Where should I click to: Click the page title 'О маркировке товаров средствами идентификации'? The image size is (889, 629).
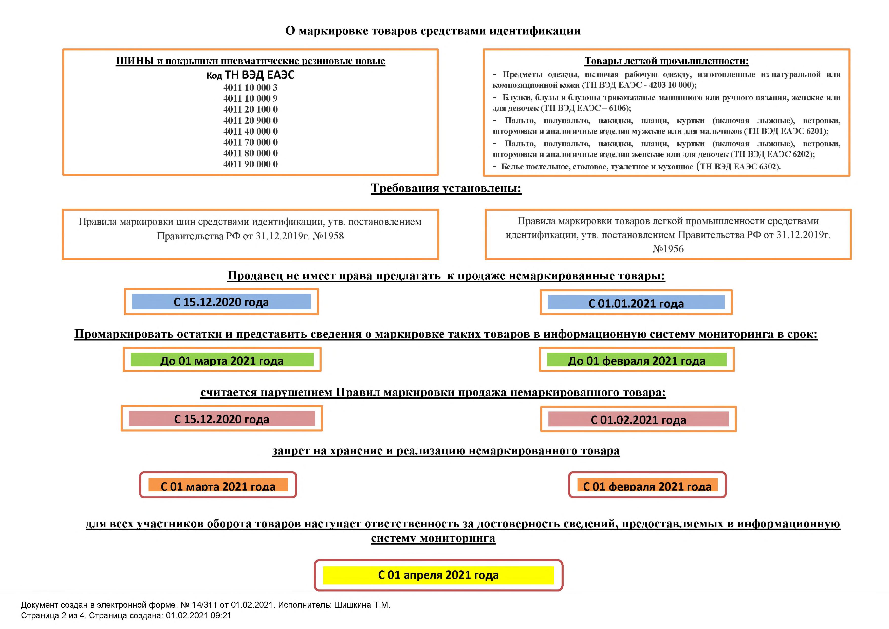coord(433,31)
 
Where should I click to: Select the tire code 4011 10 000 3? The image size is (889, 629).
coord(250,87)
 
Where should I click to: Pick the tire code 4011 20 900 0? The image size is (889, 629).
coord(250,120)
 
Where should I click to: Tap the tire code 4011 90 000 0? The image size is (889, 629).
coord(250,164)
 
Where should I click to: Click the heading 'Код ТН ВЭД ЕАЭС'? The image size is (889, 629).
coord(251,75)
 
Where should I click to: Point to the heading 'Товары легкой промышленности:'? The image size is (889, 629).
coord(666,61)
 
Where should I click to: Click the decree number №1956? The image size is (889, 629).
coord(668,249)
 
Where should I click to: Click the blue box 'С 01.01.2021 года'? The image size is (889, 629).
coord(636,303)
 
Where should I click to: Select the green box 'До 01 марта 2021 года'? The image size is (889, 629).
coord(222,361)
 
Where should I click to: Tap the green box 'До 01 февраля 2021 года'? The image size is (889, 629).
coord(637,361)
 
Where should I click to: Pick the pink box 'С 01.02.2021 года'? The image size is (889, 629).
coord(638,420)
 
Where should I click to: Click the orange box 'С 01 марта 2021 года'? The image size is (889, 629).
coord(218,486)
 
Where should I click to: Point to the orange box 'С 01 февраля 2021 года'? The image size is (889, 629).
coord(647,486)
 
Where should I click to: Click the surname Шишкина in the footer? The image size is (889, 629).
coord(352,605)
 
